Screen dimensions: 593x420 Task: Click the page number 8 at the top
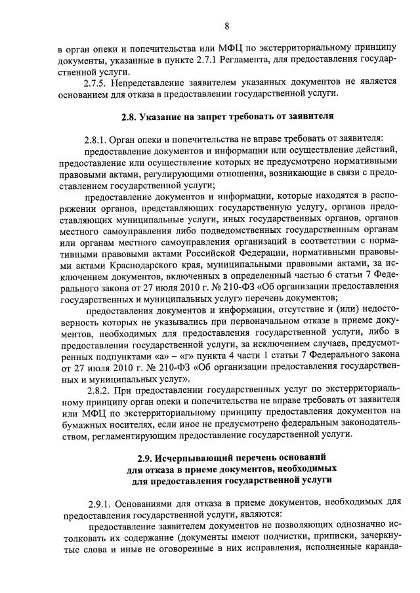[x=226, y=26]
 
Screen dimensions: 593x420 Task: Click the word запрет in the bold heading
[x=228, y=117]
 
